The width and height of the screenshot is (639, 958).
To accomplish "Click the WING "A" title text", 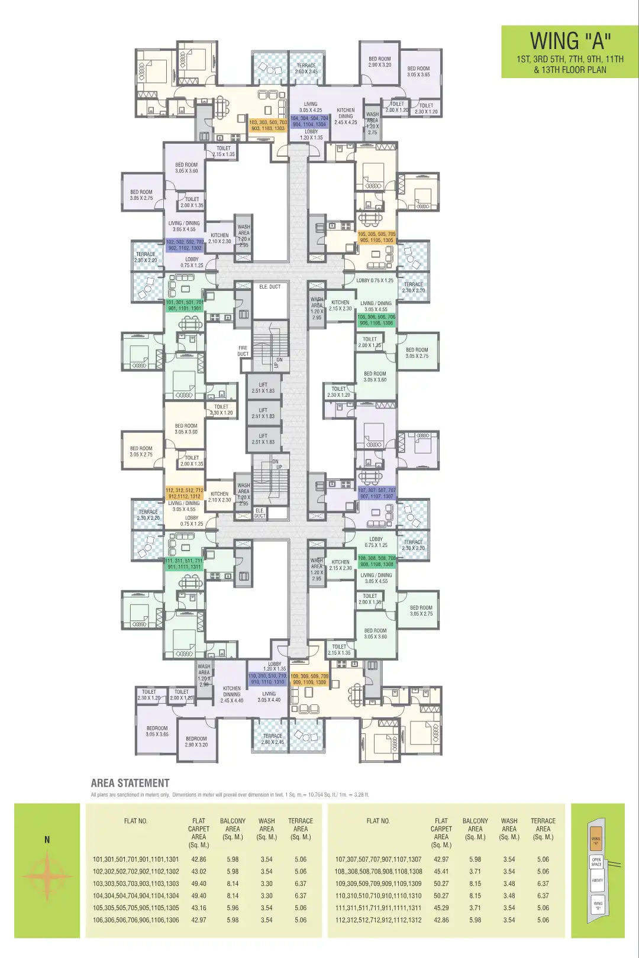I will pyautogui.click(x=570, y=41).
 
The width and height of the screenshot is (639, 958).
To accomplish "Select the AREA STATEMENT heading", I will pyautogui.click(x=130, y=783).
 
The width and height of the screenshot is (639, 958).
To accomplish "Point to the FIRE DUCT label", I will pyautogui.click(x=243, y=351).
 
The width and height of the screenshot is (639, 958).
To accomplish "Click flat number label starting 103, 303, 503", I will pyautogui.click(x=268, y=125).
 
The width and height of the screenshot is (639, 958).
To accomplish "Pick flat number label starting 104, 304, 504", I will pyautogui.click(x=309, y=121).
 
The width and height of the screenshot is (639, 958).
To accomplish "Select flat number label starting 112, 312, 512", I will pyautogui.click(x=185, y=493).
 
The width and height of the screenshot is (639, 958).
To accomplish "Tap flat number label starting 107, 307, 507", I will pyautogui.click(x=376, y=493).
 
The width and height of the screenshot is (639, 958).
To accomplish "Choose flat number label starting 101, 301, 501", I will pyautogui.click(x=184, y=305).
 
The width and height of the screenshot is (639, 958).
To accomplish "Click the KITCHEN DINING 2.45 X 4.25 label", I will pyautogui.click(x=346, y=116).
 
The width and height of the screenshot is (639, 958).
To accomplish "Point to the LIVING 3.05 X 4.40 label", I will pyautogui.click(x=269, y=697).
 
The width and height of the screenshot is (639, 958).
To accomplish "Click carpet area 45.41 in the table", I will pyautogui.click(x=441, y=872).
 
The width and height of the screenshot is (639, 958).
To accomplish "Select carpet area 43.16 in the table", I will pyautogui.click(x=199, y=908).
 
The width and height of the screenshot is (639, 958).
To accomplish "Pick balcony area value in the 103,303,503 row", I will pyautogui.click(x=233, y=883).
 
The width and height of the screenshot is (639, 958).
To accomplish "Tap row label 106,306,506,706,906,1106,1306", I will pyautogui.click(x=135, y=920).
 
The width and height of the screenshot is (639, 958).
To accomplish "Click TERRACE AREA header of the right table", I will pyautogui.click(x=543, y=828).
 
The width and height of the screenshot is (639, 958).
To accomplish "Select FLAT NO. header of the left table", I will pyautogui.click(x=135, y=821).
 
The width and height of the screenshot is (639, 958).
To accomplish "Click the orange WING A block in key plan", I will pyautogui.click(x=596, y=840).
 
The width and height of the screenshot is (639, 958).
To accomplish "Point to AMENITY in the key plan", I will pyautogui.click(x=598, y=881).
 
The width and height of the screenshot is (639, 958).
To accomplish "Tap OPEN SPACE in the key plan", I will pyautogui.click(x=596, y=862).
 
